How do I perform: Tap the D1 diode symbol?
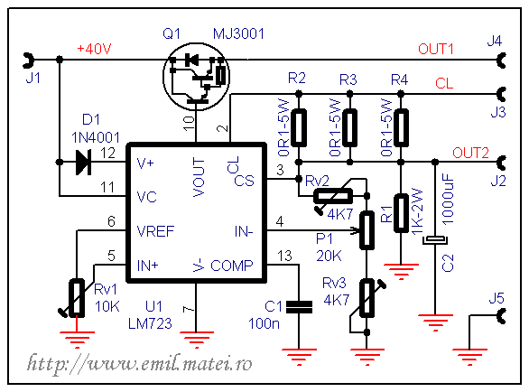84,163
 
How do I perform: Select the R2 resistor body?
299,127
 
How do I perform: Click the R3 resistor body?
350,127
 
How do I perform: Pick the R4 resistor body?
401,127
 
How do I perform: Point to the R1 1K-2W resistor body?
401,213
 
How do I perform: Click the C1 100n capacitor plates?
299,307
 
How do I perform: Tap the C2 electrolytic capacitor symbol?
435,240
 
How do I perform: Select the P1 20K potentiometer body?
367,230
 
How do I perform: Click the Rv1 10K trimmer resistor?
77,298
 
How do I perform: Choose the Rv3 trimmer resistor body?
367,298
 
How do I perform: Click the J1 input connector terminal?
28,61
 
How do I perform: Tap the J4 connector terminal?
502,61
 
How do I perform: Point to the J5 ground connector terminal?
502,316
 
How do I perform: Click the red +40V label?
94,49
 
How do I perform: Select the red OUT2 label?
470,153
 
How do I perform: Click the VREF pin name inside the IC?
155,231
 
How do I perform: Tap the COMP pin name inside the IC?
231,266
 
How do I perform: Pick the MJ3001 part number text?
238,33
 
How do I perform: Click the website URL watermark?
139,364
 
